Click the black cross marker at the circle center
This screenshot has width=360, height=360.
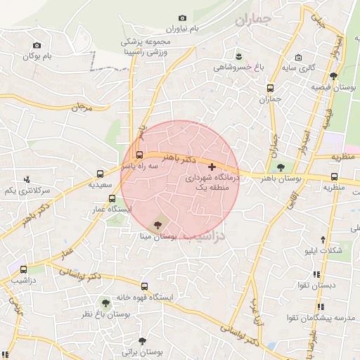click(212, 167)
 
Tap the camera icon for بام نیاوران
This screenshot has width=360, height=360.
click(183, 18)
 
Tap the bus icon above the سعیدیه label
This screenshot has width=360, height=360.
click(101, 172)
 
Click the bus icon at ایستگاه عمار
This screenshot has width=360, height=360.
click(112, 198)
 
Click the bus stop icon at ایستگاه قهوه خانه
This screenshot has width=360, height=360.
click(145, 286)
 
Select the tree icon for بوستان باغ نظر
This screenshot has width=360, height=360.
click(105, 303)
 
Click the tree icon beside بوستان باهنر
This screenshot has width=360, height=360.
click(281, 167)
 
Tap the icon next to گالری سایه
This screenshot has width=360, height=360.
click(299, 58)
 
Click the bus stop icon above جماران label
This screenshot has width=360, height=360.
click(270, 89)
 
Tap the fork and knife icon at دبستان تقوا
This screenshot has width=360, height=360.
click(316, 275)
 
